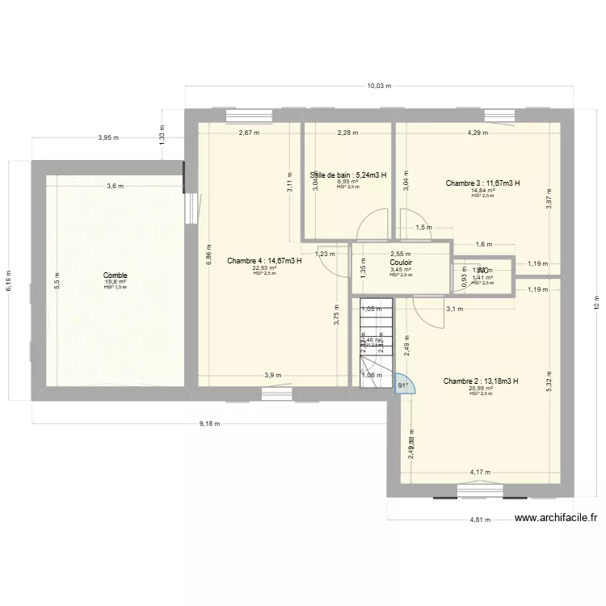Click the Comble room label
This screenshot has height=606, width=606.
[x=115, y=276]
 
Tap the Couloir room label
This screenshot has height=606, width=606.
[x=401, y=262]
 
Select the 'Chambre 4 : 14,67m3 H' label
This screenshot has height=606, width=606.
[x=264, y=260]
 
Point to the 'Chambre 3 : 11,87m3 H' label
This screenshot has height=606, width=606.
[x=482, y=183]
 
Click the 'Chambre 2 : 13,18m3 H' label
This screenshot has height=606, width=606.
[x=481, y=381]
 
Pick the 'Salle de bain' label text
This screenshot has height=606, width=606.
[x=348, y=175]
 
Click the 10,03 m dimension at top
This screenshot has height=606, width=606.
[x=378, y=85]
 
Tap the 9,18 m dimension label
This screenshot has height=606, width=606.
[x=208, y=423]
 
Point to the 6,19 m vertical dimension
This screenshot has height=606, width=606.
[x=8, y=280]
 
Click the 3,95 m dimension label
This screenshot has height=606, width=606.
[x=107, y=137]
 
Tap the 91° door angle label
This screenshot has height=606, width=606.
[x=402, y=385]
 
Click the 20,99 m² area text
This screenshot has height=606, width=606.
[x=481, y=388]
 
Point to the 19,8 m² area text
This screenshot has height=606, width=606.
[x=115, y=282]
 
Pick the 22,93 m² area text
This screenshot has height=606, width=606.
[x=264, y=267]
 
